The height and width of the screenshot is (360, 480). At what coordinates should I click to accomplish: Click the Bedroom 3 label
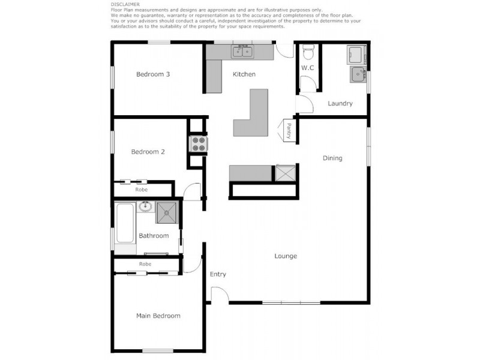[153, 74]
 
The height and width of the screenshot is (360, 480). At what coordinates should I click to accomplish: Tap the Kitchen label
[244, 74]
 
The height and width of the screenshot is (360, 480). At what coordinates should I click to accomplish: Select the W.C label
[308, 68]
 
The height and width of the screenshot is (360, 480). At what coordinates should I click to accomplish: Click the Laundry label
[340, 104]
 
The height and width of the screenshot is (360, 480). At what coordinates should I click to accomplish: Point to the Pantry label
[289, 130]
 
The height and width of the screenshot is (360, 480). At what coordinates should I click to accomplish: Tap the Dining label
[332, 158]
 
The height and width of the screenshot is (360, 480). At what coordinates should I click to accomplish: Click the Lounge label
[286, 256]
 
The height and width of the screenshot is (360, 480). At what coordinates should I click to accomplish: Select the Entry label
[218, 274]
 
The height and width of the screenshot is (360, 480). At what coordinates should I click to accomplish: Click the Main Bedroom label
[158, 316]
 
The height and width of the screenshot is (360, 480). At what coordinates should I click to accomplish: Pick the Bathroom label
[154, 236]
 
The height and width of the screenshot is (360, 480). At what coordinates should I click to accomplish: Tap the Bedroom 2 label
[148, 152]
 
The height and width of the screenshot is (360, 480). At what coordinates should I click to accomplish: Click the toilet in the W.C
[308, 55]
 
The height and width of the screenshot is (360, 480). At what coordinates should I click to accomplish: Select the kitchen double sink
[242, 52]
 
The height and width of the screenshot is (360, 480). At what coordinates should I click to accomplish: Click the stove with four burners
[198, 144]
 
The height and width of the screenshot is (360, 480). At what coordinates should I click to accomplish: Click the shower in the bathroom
[169, 212]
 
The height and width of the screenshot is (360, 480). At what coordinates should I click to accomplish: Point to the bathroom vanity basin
[145, 208]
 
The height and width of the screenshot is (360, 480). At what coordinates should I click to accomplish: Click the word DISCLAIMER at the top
[125, 4]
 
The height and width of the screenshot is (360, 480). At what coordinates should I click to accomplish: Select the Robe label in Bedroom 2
[142, 190]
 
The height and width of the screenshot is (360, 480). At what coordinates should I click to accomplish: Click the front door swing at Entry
[218, 294]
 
